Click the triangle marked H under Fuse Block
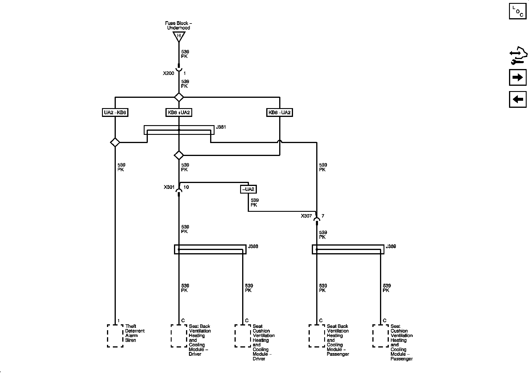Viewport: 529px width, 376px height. [179, 36]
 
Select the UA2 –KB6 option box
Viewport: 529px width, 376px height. [115, 113]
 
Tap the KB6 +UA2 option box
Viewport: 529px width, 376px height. [179, 113]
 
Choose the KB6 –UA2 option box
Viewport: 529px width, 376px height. [279, 113]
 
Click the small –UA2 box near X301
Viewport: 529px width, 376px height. [248, 189]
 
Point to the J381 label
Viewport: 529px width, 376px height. [221, 127]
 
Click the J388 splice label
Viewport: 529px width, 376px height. [253, 246]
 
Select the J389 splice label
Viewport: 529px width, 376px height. [391, 246]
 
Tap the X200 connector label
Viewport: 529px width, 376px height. [168, 73]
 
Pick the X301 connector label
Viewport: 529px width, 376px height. [169, 187]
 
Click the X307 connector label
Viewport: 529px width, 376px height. [306, 216]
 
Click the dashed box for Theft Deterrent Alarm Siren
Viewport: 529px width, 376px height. [115, 336]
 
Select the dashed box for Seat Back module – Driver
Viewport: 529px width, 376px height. [179, 336]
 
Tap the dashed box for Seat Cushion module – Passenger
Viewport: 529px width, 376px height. [380, 336]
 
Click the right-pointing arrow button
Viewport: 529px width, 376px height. [518, 77]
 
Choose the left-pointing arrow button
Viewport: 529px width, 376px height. [518, 99]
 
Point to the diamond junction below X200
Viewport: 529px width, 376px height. [179, 97]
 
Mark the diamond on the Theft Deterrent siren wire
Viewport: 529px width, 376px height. [115, 142]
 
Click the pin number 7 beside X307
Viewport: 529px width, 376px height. [323, 216]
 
